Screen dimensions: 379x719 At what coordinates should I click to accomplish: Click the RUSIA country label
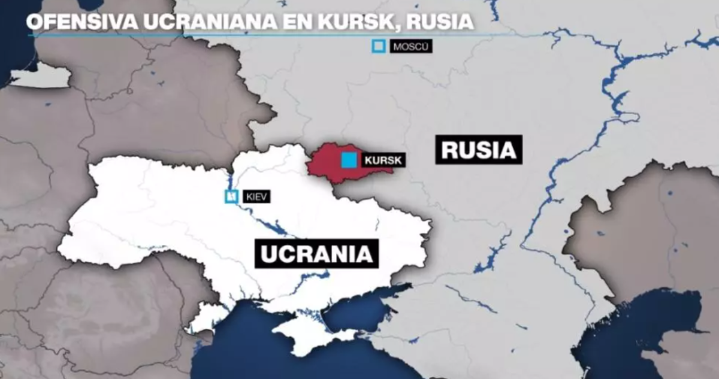pyautogui.click(x=479, y=150)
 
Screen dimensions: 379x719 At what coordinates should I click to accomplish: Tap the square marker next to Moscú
pyautogui.click(x=379, y=47)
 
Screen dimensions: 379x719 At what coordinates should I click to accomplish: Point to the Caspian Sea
pyautogui.click(x=647, y=335)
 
